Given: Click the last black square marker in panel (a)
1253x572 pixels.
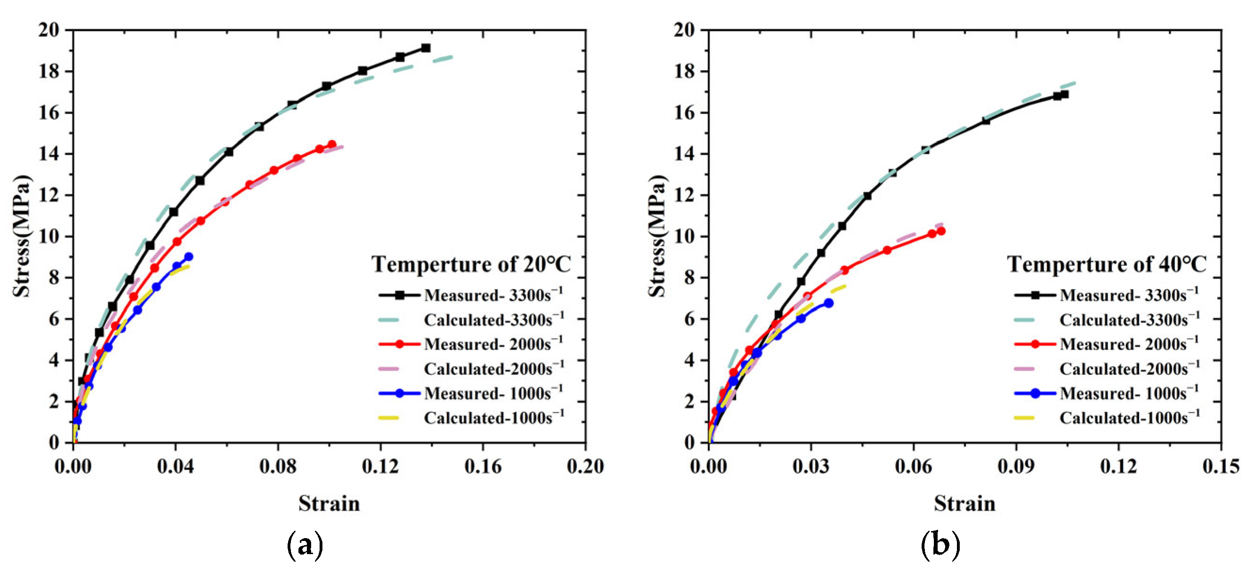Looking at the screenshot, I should (x=426, y=48).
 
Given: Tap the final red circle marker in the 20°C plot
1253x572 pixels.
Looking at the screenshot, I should (x=332, y=145).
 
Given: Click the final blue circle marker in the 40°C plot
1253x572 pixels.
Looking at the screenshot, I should (x=828, y=303).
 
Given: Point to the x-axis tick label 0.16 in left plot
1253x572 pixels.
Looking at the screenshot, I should (x=482, y=467).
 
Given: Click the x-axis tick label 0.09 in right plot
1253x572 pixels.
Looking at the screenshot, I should (x=1016, y=467).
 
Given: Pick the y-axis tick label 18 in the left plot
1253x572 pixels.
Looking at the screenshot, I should (x=48, y=72).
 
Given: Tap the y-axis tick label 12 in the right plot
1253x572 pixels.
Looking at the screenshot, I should (x=684, y=195).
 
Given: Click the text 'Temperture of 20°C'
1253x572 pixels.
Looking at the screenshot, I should (x=471, y=264).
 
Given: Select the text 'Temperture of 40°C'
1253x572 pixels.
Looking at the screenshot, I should (x=1107, y=264).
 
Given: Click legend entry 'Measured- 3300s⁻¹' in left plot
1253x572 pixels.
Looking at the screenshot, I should (x=493, y=295).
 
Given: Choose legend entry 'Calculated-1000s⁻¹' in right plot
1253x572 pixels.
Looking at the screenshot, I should (x=1130, y=417).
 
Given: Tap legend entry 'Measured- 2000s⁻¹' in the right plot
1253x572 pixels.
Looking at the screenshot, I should (x=1128, y=344).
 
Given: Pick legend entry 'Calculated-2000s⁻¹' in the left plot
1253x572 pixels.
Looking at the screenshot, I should (x=494, y=368).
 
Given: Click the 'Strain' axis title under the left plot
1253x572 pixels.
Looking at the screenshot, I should (x=329, y=504).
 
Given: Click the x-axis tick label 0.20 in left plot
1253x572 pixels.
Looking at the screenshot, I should (x=585, y=467).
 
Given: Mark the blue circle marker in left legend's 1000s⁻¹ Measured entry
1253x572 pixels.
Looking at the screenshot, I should (x=399, y=393).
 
